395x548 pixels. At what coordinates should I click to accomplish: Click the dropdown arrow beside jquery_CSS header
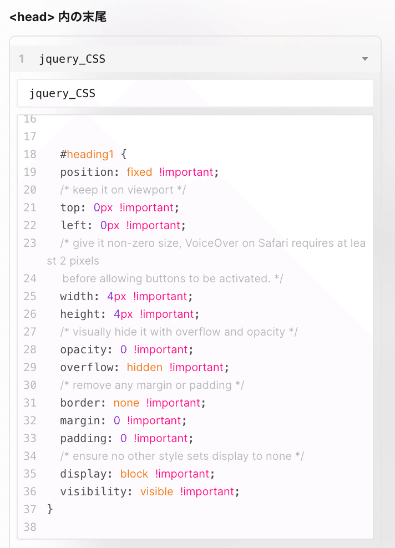364,59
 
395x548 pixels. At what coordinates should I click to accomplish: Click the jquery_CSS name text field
195,93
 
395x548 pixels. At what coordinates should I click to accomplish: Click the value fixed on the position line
139,172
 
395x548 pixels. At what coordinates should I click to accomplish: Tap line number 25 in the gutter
30,296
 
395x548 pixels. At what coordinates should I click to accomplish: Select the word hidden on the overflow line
145,367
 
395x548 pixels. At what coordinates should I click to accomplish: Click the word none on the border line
126,403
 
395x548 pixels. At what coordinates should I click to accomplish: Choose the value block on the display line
134,474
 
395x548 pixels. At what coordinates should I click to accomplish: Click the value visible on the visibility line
156,491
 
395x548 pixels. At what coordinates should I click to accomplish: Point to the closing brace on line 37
50,509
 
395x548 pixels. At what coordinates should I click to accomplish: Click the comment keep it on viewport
123,190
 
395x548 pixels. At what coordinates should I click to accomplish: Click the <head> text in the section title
32,17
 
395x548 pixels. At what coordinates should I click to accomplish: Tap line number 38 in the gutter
30,527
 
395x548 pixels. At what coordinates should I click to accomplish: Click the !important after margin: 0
154,420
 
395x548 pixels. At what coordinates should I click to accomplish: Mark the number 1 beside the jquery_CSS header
22,59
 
